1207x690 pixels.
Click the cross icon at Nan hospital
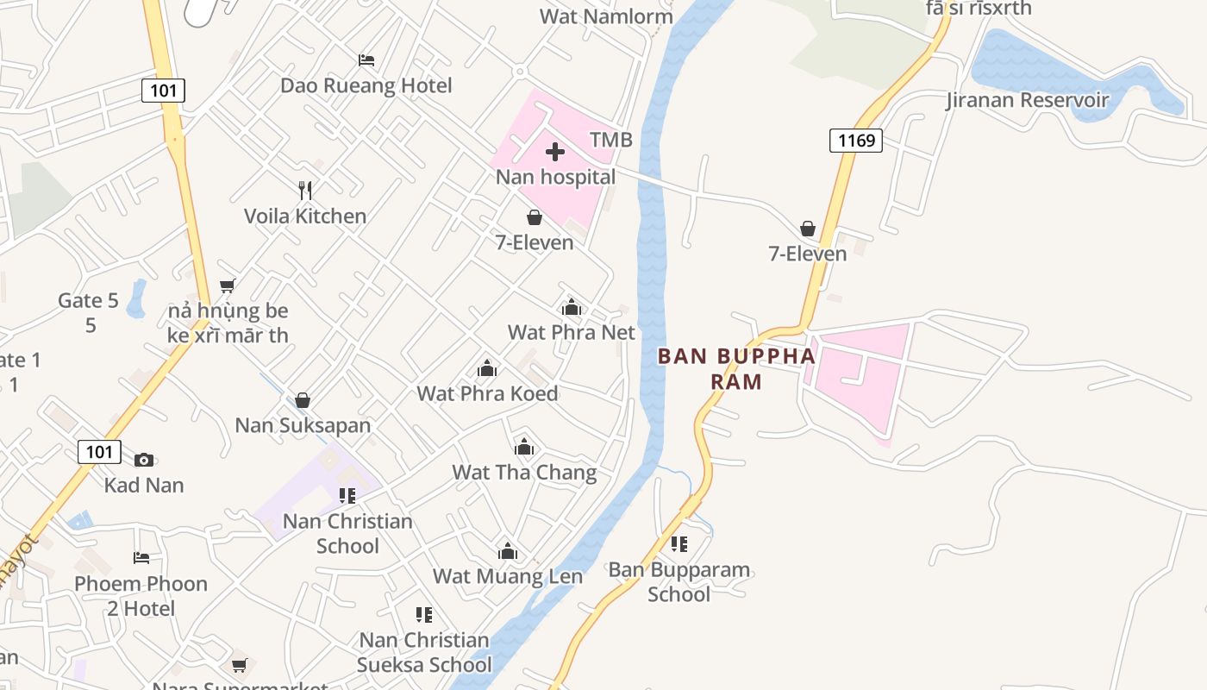point(555,153)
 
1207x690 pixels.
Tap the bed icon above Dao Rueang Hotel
point(366,60)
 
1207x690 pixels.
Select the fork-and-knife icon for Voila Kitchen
point(305,191)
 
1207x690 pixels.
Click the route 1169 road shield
point(855,140)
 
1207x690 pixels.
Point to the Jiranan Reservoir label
point(1027,100)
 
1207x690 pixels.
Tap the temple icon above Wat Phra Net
point(571,307)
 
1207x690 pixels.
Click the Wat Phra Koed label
point(487,393)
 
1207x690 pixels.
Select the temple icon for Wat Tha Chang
point(524,447)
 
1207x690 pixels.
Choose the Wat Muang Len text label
point(507,576)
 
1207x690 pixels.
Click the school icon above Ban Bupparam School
point(679,544)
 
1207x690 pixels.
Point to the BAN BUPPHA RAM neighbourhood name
point(736,368)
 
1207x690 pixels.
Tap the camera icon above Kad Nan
point(144,460)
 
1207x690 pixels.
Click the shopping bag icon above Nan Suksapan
point(303,400)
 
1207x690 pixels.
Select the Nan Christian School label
point(347,533)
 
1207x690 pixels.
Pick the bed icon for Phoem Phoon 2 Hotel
point(141,558)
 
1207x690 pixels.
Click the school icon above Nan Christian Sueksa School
point(423,615)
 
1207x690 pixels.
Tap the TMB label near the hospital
point(610,140)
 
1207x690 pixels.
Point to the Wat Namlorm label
point(594,16)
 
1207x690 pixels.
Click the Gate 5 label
point(88,301)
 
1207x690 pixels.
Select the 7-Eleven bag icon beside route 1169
point(808,229)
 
